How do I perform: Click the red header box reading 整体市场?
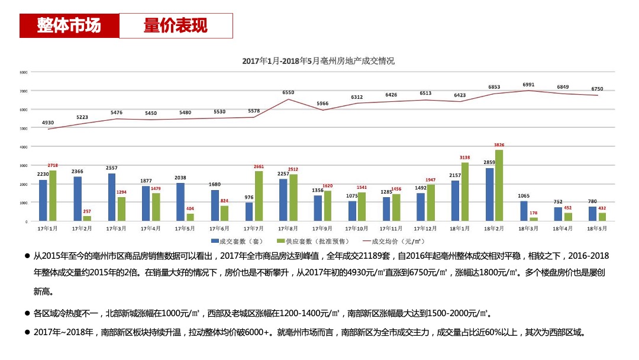(69, 26)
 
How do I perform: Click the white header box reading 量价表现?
(176, 26)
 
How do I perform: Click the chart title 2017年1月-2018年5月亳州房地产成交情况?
(318, 61)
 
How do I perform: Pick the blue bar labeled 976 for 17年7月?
(249, 212)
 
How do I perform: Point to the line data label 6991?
(528, 85)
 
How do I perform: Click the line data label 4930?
(48, 123)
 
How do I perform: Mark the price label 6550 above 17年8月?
(288, 92)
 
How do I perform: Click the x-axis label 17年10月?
(357, 228)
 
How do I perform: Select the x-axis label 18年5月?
(596, 228)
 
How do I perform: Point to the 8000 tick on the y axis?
(24, 72)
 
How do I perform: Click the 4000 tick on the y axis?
(24, 147)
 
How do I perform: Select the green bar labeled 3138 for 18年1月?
(464, 192)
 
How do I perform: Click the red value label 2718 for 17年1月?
(53, 166)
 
